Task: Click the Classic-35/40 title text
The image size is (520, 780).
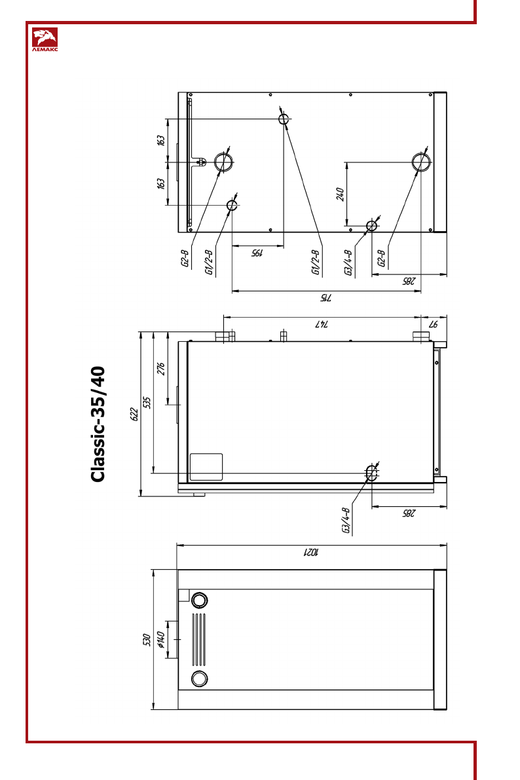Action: (x=98, y=424)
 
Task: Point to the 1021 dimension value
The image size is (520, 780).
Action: (x=312, y=552)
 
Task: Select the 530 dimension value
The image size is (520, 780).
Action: (x=146, y=640)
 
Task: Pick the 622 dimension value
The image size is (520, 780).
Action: (x=134, y=415)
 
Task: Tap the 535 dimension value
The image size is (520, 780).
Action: (x=147, y=402)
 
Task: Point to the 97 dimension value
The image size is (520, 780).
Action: (x=433, y=324)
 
